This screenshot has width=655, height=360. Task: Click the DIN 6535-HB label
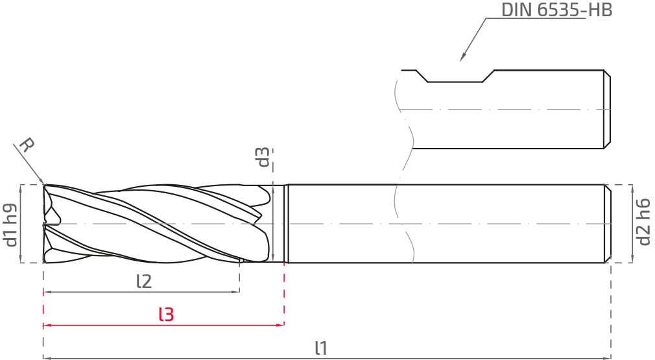pyautogui.click(x=556, y=10)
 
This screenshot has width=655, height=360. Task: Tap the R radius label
pyautogui.click(x=27, y=145)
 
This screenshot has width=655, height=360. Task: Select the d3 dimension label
pyautogui.click(x=263, y=157)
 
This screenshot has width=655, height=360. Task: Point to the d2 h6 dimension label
pyautogui.click(x=643, y=222)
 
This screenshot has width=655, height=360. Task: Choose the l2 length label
pyautogui.click(x=144, y=282)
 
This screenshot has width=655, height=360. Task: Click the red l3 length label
pyautogui.click(x=166, y=314)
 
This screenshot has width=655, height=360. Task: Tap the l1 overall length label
pyautogui.click(x=321, y=348)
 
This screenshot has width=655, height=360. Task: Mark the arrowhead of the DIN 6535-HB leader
pyautogui.click(x=462, y=58)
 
